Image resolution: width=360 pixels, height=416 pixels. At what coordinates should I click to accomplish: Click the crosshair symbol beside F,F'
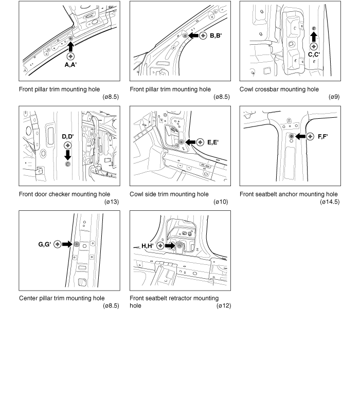pos(310,136)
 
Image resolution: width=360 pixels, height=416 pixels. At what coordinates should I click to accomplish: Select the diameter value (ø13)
pos(111,202)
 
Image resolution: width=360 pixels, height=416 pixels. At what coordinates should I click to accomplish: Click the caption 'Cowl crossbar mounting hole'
pos(279,89)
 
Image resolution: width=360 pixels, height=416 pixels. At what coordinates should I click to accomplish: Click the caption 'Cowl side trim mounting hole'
pos(169,194)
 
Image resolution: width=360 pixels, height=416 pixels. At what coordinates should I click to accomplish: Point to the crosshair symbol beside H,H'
pos(161,246)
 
